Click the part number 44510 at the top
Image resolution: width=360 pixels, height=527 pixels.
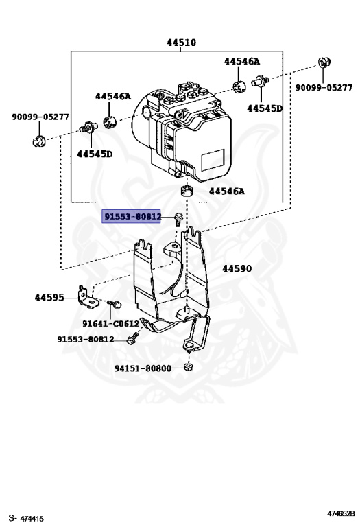[181, 43]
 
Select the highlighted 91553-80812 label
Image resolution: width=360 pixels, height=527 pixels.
[132, 217]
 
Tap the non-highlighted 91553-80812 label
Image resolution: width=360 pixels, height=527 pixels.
[86, 339]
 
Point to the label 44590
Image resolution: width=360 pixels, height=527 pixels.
[237, 270]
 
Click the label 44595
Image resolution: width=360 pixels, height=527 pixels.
[49, 298]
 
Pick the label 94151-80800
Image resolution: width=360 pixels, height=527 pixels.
[143, 368]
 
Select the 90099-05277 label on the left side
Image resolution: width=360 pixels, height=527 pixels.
[40, 117]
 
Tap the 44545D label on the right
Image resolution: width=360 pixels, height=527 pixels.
[265, 108]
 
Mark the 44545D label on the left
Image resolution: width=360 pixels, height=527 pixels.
[95, 154]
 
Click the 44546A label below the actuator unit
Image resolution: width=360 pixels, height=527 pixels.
[226, 191]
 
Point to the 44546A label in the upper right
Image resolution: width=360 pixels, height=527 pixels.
[242, 61]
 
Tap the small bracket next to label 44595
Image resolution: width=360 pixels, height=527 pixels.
[87, 296]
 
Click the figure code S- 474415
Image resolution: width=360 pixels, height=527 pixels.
[26, 517]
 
